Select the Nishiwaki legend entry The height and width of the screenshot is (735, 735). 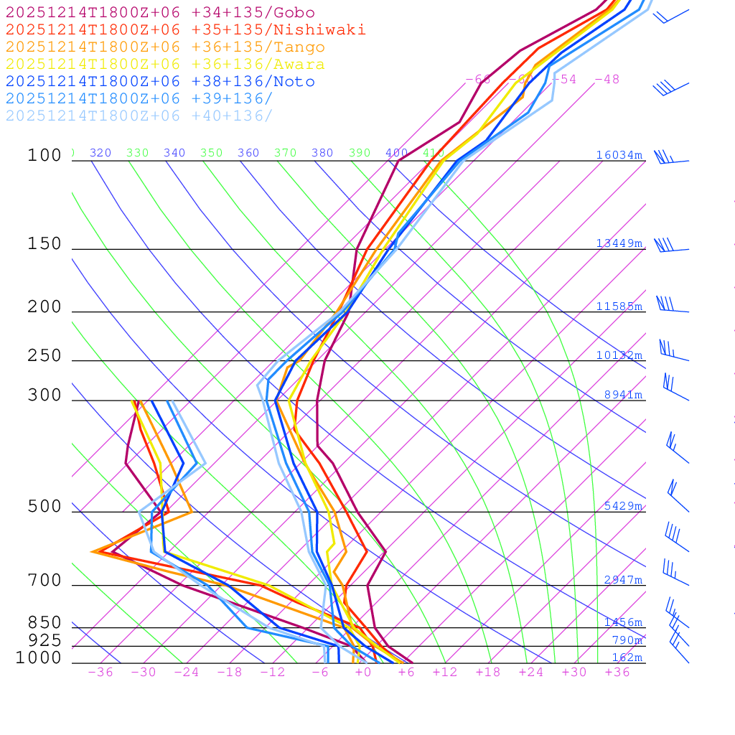(x=185, y=29)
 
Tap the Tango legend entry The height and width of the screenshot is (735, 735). (x=165, y=47)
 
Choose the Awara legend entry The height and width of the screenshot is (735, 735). (x=165, y=65)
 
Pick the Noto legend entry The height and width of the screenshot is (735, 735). (x=160, y=82)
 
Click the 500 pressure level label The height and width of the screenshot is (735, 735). (x=45, y=507)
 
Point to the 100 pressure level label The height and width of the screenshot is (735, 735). (x=45, y=155)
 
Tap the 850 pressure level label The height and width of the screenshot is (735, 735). (x=45, y=622)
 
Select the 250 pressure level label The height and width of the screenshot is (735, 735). (x=45, y=355)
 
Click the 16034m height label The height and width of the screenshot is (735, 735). (x=619, y=155)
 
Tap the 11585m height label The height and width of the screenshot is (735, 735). (x=619, y=306)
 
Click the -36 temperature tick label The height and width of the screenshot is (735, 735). (x=100, y=672)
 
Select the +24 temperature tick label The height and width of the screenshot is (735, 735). (x=531, y=672)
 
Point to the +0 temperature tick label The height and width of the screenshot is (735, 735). (x=363, y=672)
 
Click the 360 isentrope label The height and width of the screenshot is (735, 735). (x=248, y=153)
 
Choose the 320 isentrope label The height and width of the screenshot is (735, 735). (x=100, y=153)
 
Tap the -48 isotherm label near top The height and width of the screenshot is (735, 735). (x=607, y=79)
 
